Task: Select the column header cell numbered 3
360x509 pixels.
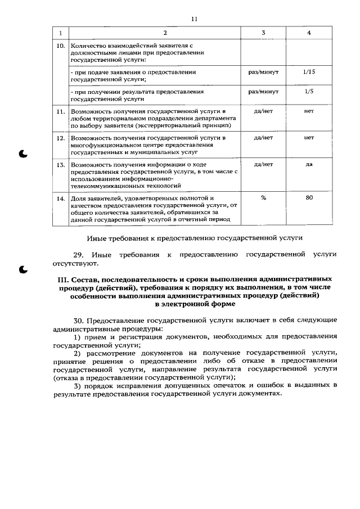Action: point(263,33)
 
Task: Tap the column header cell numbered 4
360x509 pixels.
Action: point(309,33)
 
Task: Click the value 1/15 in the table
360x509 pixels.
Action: point(309,73)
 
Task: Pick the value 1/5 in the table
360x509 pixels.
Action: point(309,91)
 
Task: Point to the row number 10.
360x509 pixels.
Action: point(61,45)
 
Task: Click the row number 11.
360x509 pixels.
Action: point(61,112)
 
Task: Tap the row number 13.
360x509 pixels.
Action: point(61,165)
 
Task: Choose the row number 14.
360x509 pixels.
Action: point(61,199)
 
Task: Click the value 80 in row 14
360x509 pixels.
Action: point(309,198)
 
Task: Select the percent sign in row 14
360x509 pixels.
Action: point(263,198)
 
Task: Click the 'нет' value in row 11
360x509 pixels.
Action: point(309,111)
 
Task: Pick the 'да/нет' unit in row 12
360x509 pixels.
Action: point(263,137)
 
